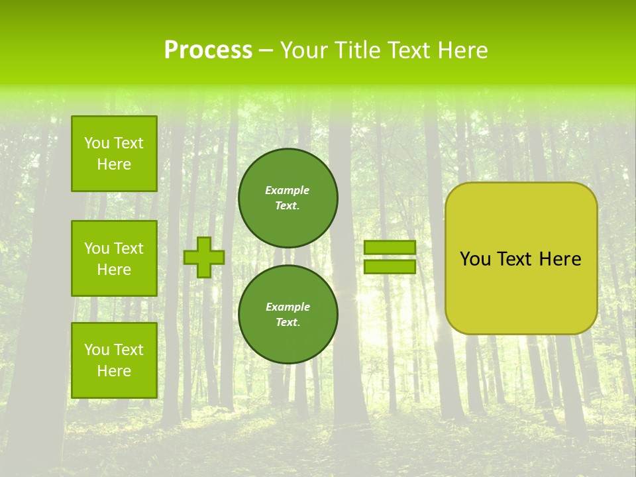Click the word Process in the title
pyautogui.click(x=208, y=50)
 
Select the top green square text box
pyautogui.click(x=114, y=154)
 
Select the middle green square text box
pyautogui.click(x=114, y=258)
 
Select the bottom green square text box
pyautogui.click(x=114, y=360)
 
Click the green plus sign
pyautogui.click(x=204, y=257)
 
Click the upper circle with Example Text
pyautogui.click(x=288, y=197)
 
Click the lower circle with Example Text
pyautogui.click(x=288, y=314)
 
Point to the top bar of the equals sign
pyautogui.click(x=390, y=248)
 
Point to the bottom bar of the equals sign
pyautogui.click(x=390, y=267)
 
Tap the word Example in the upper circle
pyautogui.click(x=287, y=190)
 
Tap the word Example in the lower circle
pyautogui.click(x=288, y=307)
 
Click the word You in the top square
pyautogui.click(x=96, y=143)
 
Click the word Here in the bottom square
pyautogui.click(x=114, y=371)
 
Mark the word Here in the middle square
pyautogui.click(x=114, y=270)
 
